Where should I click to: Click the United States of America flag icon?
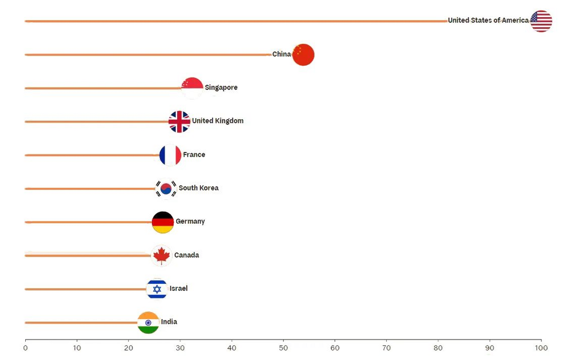[x=541, y=21]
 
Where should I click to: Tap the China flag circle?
[x=303, y=55]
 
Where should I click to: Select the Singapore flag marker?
[x=192, y=88]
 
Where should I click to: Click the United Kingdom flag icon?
[x=179, y=121]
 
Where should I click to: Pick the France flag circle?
[x=170, y=155]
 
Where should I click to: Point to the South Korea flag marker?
[x=166, y=189]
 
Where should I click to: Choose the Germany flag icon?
[x=163, y=222]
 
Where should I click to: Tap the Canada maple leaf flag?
[x=161, y=256]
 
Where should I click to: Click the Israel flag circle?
[x=157, y=289]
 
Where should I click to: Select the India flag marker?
[x=148, y=322]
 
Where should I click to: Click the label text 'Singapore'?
[x=221, y=88]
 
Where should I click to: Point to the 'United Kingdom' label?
[x=218, y=121]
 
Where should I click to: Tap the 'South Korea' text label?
[x=198, y=188]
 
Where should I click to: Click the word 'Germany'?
[x=190, y=221]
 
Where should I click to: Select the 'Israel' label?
[x=178, y=289]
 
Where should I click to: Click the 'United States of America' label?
[x=488, y=20]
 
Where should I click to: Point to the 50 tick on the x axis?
[x=284, y=348]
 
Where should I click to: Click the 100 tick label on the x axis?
[x=541, y=348]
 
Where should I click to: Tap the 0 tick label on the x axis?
[x=25, y=348]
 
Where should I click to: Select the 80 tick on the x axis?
[x=438, y=348]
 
